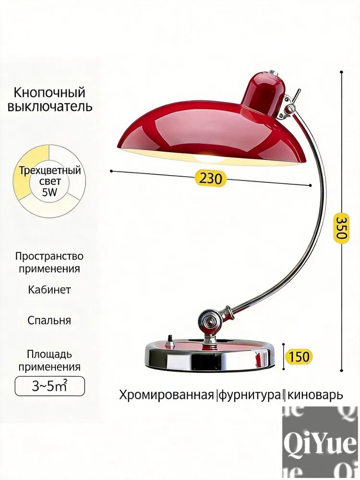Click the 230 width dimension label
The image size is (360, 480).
pos(211,178)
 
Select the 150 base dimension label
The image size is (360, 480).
pos(299,357)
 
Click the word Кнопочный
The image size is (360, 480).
pos(49,93)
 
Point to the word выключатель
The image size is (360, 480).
pos(50,107)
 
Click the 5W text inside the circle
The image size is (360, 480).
pos(50,193)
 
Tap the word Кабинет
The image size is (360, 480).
pos(49,289)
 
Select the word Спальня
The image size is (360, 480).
pos(49,321)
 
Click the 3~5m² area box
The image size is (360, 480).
pos(49,386)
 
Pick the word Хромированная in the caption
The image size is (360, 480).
pos(166,395)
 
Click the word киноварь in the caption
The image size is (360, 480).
pos(315,395)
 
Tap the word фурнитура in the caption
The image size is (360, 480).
pos(250,395)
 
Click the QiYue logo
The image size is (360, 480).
pos(320,443)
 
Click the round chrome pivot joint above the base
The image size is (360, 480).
pos(210,321)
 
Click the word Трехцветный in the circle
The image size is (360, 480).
pos(50,170)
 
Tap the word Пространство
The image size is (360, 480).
pos(49,256)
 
